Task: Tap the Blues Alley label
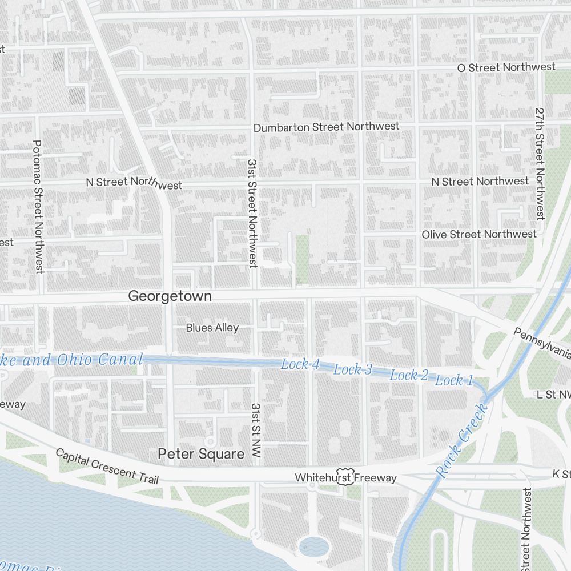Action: coord(212,328)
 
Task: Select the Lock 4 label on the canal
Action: coord(300,364)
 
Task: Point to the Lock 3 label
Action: coord(352,370)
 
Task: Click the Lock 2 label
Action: coord(408,375)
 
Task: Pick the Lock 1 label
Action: coord(454,380)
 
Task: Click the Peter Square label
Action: coord(200,454)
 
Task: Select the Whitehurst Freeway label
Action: coord(345,477)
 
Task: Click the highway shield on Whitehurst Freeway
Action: coord(344,478)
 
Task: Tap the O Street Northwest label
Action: coord(506,67)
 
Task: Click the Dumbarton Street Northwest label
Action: coord(326,127)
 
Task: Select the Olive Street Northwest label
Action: coord(478,234)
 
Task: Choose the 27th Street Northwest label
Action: coord(540,163)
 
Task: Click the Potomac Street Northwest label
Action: coord(38,207)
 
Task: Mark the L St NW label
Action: coord(553,395)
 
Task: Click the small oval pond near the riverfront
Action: coord(314,546)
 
